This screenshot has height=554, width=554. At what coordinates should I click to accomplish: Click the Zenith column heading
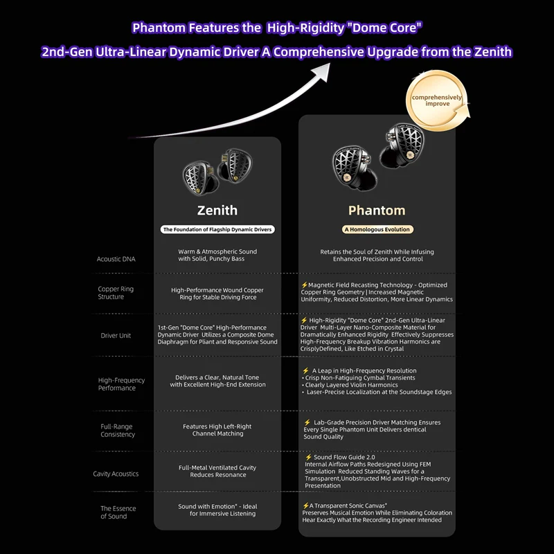tap(217, 210)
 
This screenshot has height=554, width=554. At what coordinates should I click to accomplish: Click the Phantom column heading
tap(377, 210)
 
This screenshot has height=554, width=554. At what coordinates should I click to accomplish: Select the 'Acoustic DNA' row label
tap(116, 259)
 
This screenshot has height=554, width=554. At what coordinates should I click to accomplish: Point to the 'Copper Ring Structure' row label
tap(116, 293)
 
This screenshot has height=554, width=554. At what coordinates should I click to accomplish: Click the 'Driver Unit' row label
tap(116, 336)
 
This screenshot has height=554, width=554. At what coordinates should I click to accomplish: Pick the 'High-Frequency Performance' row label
tap(121, 384)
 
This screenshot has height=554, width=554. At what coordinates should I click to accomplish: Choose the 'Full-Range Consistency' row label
tap(118, 430)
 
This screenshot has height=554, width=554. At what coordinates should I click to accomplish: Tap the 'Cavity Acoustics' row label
tap(116, 474)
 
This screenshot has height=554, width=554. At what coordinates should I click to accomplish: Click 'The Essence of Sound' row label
tap(118, 512)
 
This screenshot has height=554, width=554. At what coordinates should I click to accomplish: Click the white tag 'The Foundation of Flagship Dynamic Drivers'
tap(217, 229)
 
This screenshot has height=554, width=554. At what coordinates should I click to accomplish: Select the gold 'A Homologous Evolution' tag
tap(377, 229)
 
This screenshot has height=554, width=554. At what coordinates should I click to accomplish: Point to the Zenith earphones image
tap(217, 174)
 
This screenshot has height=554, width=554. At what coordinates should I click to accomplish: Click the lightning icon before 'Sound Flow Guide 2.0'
tap(308, 457)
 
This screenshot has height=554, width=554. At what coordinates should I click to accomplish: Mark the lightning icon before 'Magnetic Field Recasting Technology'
tap(304, 285)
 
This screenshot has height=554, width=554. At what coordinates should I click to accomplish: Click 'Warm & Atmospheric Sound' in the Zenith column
tap(217, 251)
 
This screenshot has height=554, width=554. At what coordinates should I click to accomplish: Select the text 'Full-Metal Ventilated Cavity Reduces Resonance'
tap(217, 471)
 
